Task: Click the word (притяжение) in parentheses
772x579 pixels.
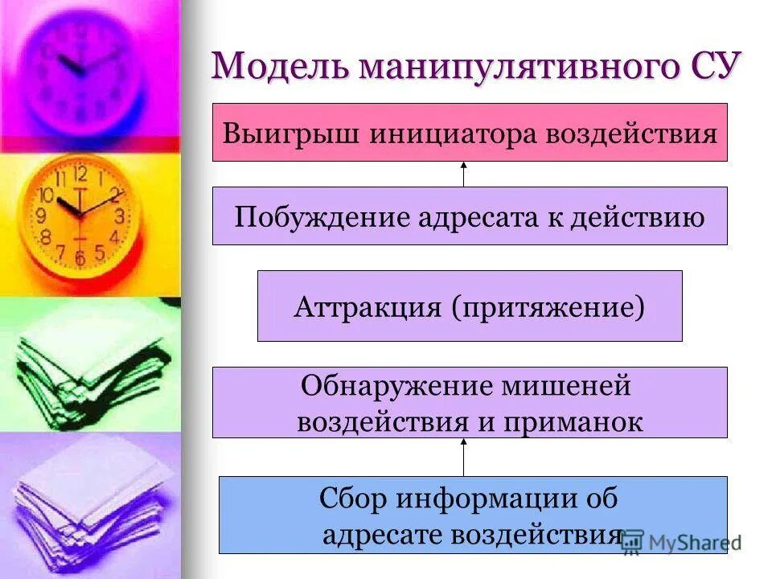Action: [x=549, y=306]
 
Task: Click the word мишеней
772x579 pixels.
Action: [x=560, y=387]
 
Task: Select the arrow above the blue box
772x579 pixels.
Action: [x=464, y=457]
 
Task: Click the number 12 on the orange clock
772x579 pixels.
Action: [x=80, y=175]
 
